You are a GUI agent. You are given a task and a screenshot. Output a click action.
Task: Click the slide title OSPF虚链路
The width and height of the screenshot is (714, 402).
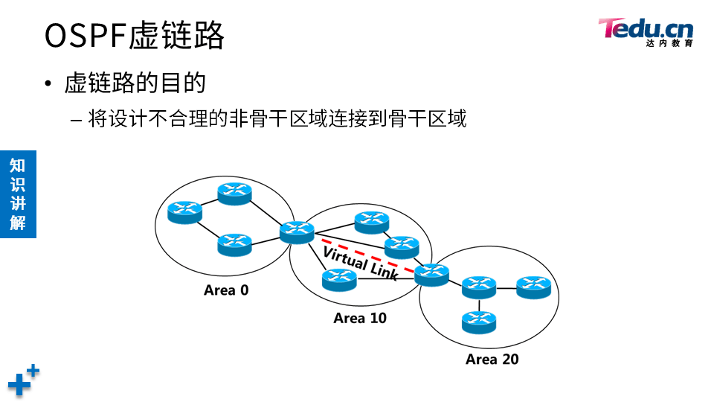tap(134, 35)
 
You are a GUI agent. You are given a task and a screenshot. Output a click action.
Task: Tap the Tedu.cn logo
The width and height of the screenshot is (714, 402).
tap(645, 30)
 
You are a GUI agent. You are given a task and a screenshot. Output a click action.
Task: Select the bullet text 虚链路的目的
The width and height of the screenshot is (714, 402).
tap(135, 83)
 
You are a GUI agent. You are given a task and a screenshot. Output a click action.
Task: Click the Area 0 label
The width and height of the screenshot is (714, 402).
tap(226, 290)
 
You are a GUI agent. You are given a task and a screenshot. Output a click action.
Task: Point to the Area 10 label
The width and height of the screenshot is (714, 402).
tap(360, 318)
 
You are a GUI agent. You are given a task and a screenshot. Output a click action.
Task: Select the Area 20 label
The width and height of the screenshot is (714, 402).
tap(492, 360)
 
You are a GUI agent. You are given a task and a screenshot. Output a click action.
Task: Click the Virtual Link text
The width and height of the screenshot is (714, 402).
tap(361, 261)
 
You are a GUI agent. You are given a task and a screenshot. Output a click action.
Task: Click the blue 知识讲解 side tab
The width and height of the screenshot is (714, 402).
tap(18, 194)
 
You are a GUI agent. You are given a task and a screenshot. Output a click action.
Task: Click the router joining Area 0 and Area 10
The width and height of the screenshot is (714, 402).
tap(297, 232)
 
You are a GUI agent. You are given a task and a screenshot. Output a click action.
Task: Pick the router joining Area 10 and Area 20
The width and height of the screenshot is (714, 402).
tap(431, 274)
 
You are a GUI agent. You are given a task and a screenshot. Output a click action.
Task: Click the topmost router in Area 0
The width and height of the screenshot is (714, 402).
tap(235, 193)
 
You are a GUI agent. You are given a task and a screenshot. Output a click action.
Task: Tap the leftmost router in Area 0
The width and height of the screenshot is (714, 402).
tap(184, 212)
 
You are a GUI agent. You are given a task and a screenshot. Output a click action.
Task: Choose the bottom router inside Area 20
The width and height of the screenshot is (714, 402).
tap(478, 321)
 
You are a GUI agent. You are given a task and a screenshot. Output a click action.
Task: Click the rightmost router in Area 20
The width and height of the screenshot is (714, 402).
tap(533, 287)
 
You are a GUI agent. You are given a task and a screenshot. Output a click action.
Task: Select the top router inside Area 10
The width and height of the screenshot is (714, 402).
tap(371, 221)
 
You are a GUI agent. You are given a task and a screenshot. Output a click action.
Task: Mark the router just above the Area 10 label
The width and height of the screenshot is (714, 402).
tap(340, 279)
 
